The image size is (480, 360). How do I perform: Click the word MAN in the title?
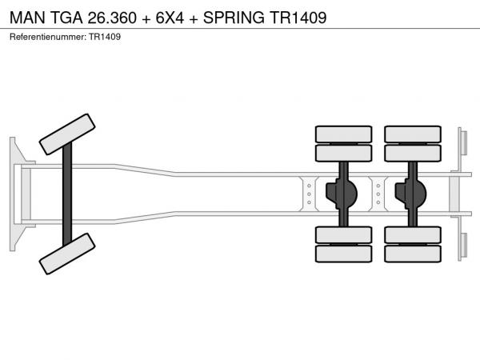tap(28, 16)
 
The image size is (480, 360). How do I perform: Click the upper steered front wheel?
tap(68, 134)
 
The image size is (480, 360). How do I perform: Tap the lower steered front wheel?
tap(68, 254)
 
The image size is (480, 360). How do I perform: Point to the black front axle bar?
tap(68, 194)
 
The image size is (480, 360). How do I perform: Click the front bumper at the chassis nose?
tap(15, 194)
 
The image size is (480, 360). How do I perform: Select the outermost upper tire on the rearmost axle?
tap(413, 134)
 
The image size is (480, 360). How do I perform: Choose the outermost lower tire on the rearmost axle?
tap(413, 254)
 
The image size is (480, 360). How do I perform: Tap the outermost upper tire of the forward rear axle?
tap(343, 134)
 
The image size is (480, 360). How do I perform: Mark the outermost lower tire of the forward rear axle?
tap(343, 254)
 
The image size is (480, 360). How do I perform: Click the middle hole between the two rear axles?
tap(378, 194)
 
